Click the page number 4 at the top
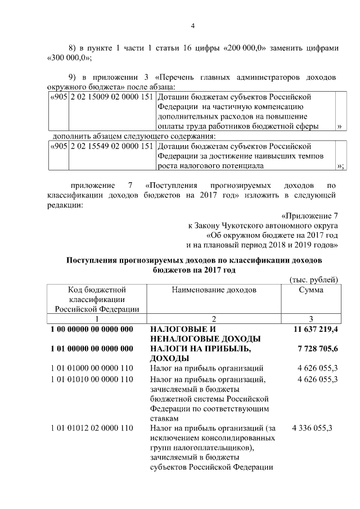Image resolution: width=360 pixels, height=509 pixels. pyautogui.click(x=192, y=25)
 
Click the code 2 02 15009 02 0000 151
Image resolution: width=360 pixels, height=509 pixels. pyautogui.click(x=111, y=97)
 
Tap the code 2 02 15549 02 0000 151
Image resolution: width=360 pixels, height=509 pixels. pyautogui.click(x=111, y=146)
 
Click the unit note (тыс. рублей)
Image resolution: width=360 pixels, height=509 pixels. pyautogui.click(x=313, y=280)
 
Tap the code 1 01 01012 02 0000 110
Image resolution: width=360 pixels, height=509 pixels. pyautogui.click(x=91, y=428)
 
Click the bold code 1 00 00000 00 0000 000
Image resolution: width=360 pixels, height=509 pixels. pyautogui.click(x=91, y=328)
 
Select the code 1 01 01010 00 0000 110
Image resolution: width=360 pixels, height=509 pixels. pyautogui.click(x=91, y=379)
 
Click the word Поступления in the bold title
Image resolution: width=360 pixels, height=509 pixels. pyautogui.click(x=94, y=260)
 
